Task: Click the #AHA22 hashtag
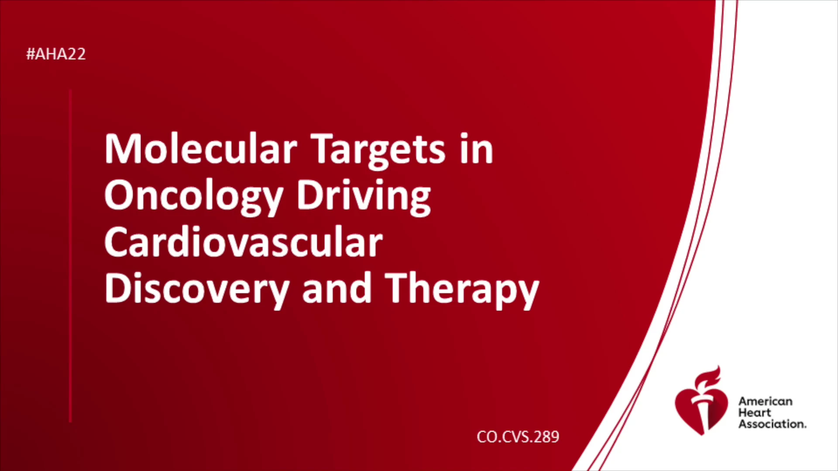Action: click(x=56, y=54)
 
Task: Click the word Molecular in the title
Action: click(x=201, y=149)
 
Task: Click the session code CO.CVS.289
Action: click(x=518, y=437)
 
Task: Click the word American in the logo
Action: click(x=766, y=401)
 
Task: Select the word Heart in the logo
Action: click(x=755, y=413)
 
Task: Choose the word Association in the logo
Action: click(x=772, y=424)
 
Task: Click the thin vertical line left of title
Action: click(x=70, y=256)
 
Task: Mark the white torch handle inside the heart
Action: click(x=702, y=412)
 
